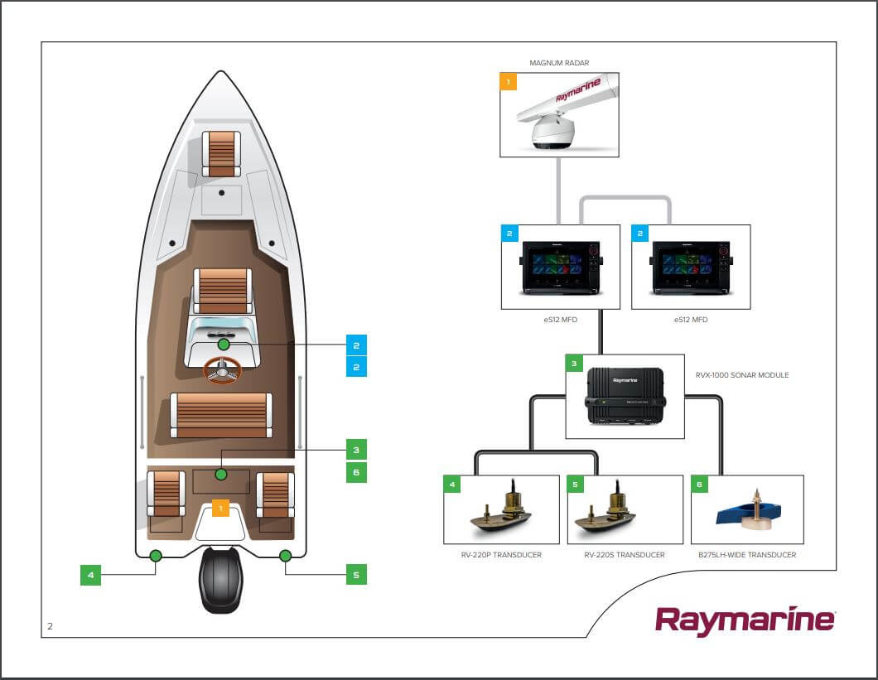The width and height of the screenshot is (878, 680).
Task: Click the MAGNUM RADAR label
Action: tap(559, 63)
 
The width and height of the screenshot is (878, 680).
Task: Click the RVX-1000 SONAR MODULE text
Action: tap(742, 375)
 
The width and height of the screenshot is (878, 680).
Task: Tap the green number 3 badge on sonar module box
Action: tap(575, 364)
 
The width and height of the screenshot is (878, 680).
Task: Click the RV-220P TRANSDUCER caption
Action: tap(502, 555)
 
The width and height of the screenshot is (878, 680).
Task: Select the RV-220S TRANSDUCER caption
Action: tap(625, 555)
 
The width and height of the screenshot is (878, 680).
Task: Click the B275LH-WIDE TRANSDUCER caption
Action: tap(747, 555)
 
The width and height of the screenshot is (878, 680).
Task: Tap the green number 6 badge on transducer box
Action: tap(700, 485)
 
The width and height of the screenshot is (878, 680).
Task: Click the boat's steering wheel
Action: tap(222, 370)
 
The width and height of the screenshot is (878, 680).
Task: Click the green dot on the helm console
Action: tap(223, 344)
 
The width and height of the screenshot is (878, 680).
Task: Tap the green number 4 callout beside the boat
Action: tap(90, 574)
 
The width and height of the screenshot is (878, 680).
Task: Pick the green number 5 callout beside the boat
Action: tap(356, 574)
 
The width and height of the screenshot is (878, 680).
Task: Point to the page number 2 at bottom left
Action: tap(50, 626)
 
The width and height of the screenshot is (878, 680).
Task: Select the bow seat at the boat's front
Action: tap(221, 154)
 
